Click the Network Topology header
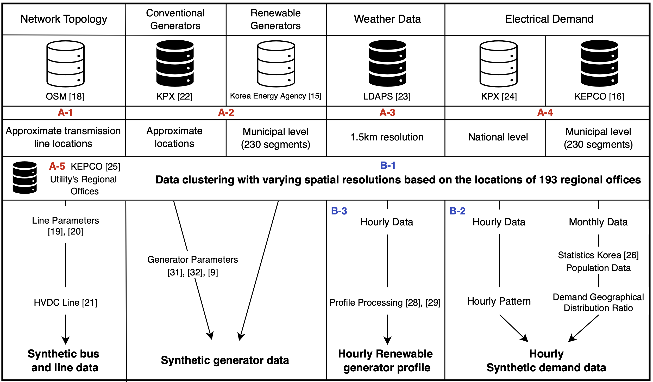(x=64, y=19)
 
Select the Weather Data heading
(x=387, y=19)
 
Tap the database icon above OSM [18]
(x=65, y=64)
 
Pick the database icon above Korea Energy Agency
(x=276, y=64)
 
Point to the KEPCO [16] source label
(x=599, y=96)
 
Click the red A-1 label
(x=65, y=113)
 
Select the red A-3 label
(x=387, y=113)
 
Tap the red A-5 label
(x=57, y=166)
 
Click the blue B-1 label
(x=388, y=165)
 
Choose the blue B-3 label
(x=339, y=211)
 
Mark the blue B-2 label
(x=457, y=211)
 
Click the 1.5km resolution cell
(x=387, y=137)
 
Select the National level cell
(x=498, y=137)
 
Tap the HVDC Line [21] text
(x=65, y=302)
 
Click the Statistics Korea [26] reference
(x=598, y=255)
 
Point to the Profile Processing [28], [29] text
(x=385, y=302)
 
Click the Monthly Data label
(x=598, y=222)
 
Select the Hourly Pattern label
(x=499, y=301)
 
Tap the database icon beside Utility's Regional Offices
(x=25, y=177)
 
